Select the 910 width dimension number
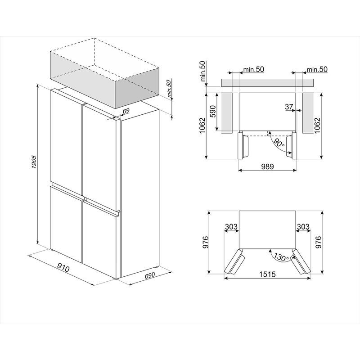[63, 269]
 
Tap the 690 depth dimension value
[149, 275]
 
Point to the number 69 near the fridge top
[126, 110]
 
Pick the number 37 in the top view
[289, 107]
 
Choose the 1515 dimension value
[267, 274]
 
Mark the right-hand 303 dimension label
[303, 227]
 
